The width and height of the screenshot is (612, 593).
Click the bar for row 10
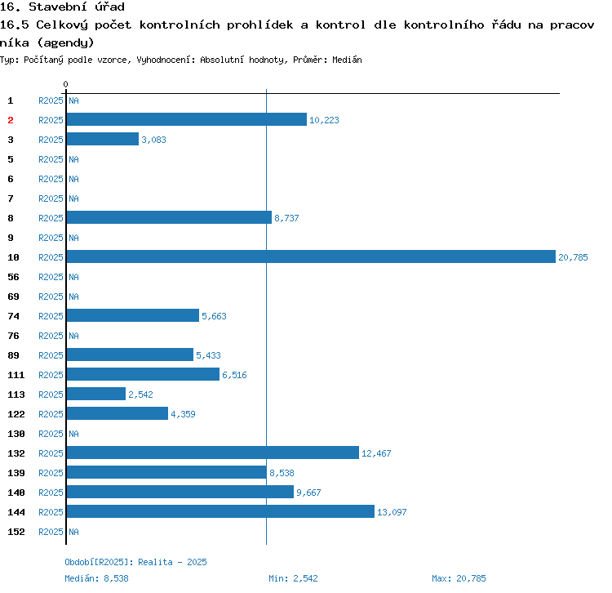pyautogui.click(x=310, y=257)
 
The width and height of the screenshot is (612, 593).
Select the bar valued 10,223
pyautogui.click(x=186, y=120)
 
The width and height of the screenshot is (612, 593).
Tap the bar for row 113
pyautogui.click(x=95, y=395)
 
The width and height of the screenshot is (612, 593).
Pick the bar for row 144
pyautogui.click(x=220, y=512)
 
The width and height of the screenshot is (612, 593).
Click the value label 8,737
pyautogui.click(x=287, y=218)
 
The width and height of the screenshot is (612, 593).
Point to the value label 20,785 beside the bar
pyautogui.click(x=573, y=257)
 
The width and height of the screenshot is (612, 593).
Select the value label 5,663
pyautogui.click(x=215, y=316)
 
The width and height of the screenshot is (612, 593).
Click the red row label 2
pyautogui.click(x=11, y=120)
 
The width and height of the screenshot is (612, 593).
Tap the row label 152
pyautogui.click(x=16, y=532)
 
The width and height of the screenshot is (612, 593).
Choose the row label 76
pyautogui.click(x=14, y=336)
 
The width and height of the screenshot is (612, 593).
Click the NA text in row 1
pyautogui.click(x=73, y=100)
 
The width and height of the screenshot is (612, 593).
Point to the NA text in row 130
pyautogui.click(x=73, y=434)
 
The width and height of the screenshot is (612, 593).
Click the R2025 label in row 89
pyautogui.click(x=51, y=355)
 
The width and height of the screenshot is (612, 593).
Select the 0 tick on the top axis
pyautogui.click(x=65, y=84)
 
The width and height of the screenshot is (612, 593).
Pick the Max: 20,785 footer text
pyautogui.click(x=459, y=578)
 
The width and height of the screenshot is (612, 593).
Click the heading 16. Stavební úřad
pyautogui.click(x=62, y=7)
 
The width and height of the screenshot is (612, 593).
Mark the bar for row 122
pyautogui.click(x=117, y=414)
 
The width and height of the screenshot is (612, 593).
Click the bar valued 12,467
pyautogui.click(x=212, y=453)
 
